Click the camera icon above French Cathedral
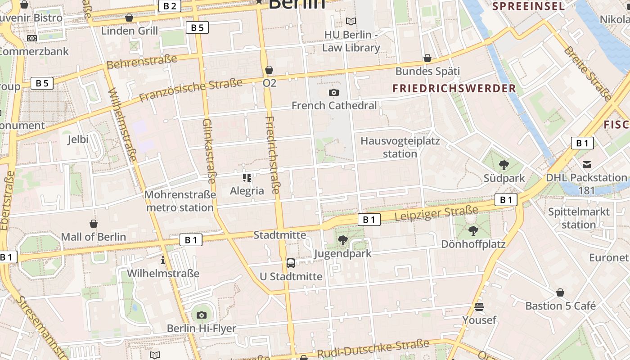334,93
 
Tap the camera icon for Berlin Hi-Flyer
202,315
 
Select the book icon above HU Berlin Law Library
351,21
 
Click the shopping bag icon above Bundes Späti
427,58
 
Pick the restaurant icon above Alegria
247,178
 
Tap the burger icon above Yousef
479,307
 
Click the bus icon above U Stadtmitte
291,263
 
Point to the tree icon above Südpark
504,165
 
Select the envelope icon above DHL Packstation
587,165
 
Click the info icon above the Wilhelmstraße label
163,261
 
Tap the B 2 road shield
170,6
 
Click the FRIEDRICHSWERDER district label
454,89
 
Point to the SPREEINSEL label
528,6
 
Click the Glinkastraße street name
209,151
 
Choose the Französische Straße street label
191,90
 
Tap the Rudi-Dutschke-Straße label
373,349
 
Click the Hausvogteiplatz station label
400,147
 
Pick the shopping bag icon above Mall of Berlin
94,224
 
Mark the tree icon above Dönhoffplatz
473,231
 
